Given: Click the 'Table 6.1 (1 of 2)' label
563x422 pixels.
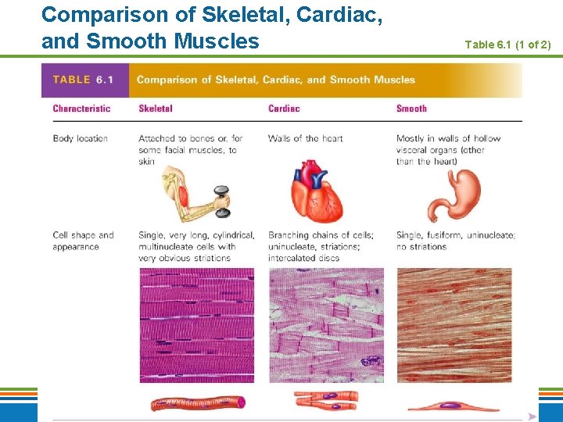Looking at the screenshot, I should (x=507, y=45).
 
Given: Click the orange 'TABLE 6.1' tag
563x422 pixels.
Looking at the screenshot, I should (x=83, y=80).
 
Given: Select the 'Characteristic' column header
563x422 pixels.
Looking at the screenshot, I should (x=81, y=109).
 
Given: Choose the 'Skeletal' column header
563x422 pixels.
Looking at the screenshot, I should (x=155, y=109).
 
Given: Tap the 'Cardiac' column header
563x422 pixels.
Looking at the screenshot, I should (x=284, y=109).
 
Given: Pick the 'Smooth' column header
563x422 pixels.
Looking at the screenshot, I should (x=411, y=109).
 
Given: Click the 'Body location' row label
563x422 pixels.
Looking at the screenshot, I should (x=80, y=138).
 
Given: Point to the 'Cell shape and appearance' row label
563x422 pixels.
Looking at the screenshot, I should (x=83, y=241).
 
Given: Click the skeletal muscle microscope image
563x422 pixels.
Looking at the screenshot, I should (x=196, y=325).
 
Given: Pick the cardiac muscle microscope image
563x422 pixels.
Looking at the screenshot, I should (x=326, y=325).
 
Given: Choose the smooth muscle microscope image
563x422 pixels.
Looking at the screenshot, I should (x=454, y=325).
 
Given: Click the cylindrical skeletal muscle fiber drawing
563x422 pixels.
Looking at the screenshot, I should (x=198, y=402).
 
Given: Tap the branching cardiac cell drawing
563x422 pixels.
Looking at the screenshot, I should (x=326, y=401).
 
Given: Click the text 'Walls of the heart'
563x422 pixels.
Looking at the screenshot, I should (x=305, y=138).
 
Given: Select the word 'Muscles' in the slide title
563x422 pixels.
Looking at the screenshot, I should (x=218, y=40).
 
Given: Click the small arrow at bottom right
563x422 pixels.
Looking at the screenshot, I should (x=532, y=417).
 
